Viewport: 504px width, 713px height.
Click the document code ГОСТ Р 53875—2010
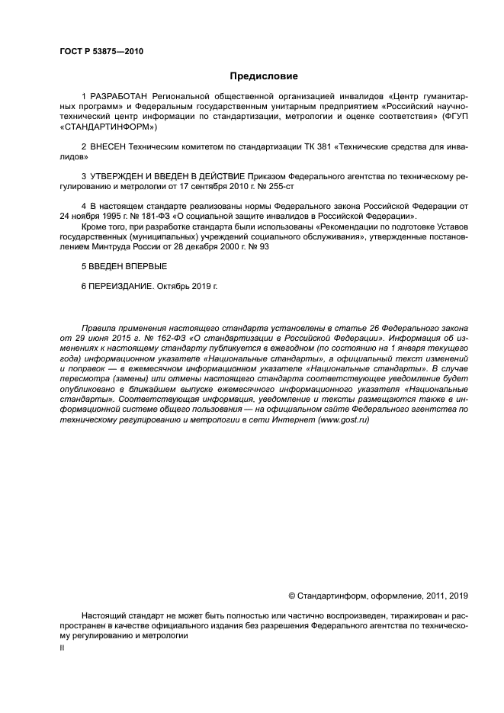[101, 52]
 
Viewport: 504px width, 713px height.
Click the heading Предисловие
[264, 76]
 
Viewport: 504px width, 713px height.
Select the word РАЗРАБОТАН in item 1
[119, 97]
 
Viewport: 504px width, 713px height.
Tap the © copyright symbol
[291, 596]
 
